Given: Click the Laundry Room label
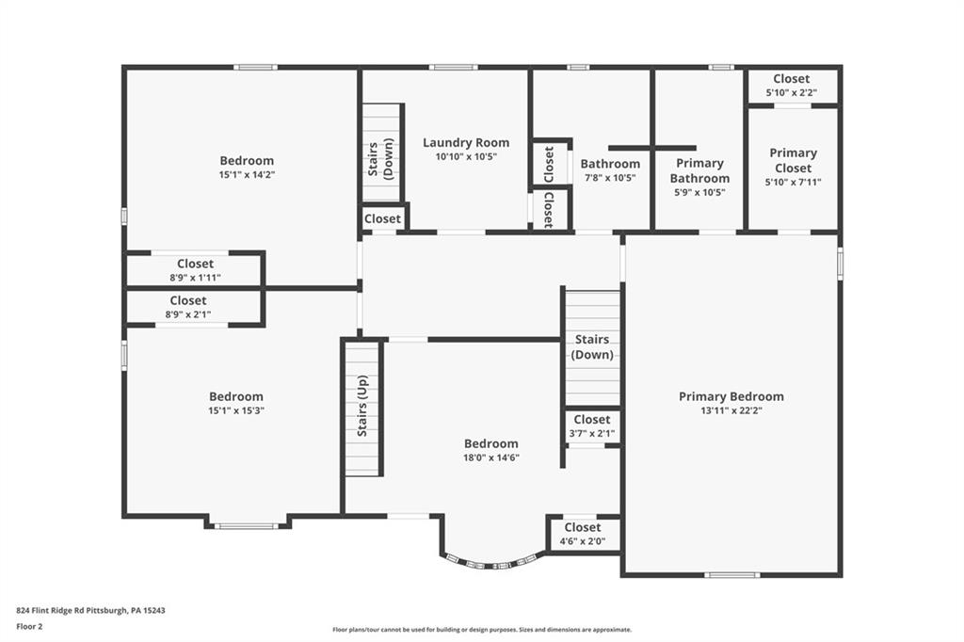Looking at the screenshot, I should click(465, 143).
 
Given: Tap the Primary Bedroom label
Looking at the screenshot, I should click(731, 396).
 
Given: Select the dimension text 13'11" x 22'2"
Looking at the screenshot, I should click(731, 410).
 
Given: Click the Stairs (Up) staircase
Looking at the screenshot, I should click(362, 408).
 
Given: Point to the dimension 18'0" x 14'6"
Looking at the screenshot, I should click(490, 457).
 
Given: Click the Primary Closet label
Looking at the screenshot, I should click(793, 160).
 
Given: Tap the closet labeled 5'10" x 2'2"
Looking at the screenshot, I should click(792, 86).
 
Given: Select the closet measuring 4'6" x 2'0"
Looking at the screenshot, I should click(583, 534).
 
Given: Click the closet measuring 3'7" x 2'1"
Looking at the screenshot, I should click(591, 425).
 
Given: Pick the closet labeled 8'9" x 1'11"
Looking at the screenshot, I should click(195, 270).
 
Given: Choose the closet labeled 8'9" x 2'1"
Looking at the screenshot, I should click(188, 307).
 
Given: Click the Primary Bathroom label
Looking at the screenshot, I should click(699, 170).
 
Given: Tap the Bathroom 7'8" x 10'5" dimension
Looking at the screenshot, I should click(609, 178).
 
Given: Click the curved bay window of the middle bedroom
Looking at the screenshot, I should click(490, 563).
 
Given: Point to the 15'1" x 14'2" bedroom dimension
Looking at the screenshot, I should click(247, 174).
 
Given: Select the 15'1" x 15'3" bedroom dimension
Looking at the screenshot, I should click(235, 410).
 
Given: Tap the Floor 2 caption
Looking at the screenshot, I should click(30, 626).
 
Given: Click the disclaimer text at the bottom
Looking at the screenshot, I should click(481, 630).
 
